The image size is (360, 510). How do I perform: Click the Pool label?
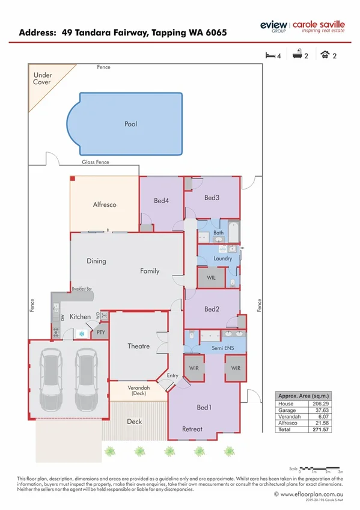tap(130, 124)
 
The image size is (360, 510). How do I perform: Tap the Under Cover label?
tap(42, 79)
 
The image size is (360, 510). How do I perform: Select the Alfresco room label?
tap(104, 204)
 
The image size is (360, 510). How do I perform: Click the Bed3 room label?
tap(212, 197)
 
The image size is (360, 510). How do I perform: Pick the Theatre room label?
tap(138, 346)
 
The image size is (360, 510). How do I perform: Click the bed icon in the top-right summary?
tap(271, 55)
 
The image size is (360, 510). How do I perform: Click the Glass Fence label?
tap(96, 162)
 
